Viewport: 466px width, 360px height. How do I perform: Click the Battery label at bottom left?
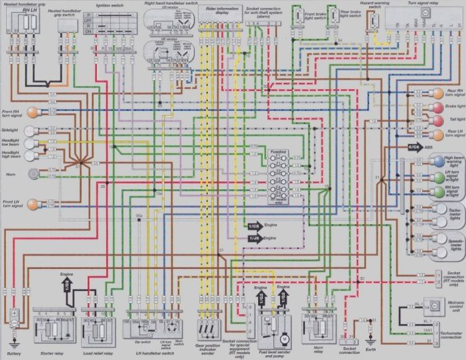(x=14, y=353)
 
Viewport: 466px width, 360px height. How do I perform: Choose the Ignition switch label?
(x=110, y=4)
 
